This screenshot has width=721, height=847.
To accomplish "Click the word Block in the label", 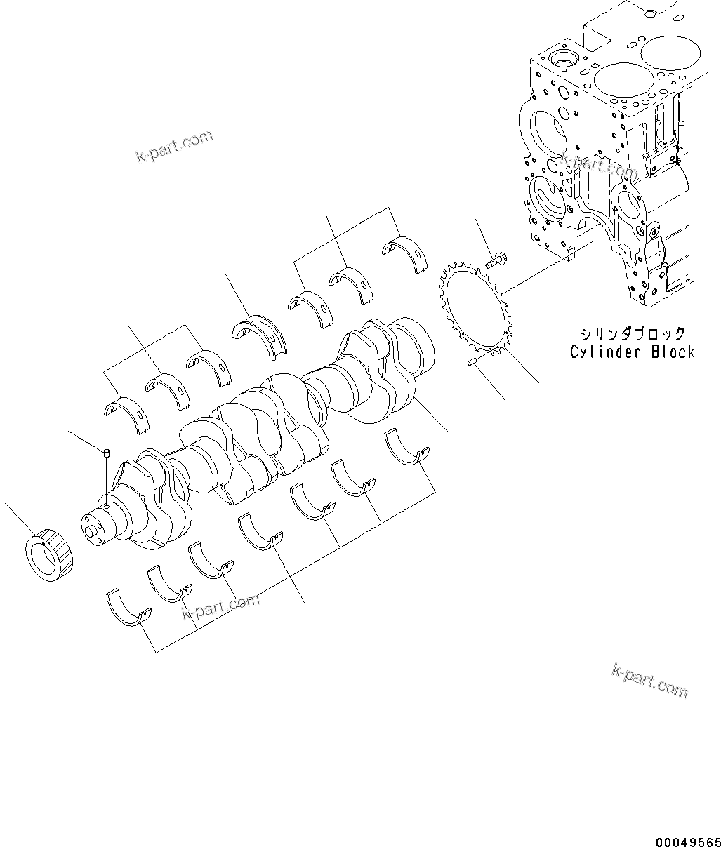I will point(673,352).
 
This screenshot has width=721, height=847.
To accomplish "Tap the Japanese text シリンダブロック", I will point(632,333).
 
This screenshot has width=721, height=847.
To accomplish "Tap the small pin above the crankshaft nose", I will point(105,453).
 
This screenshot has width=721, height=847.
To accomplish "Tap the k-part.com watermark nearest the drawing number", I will point(649,680).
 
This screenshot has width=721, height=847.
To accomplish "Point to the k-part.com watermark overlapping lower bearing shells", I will point(220,606).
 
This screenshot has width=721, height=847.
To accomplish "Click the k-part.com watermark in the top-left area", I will point(174,146).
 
